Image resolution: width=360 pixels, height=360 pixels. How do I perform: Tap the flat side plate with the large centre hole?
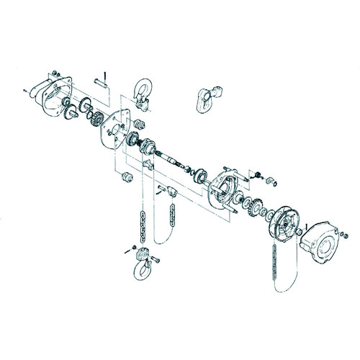(x=115, y=130)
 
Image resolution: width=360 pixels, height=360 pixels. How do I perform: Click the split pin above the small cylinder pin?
(x=105, y=75)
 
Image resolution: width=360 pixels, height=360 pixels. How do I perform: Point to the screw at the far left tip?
(x=25, y=89)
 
